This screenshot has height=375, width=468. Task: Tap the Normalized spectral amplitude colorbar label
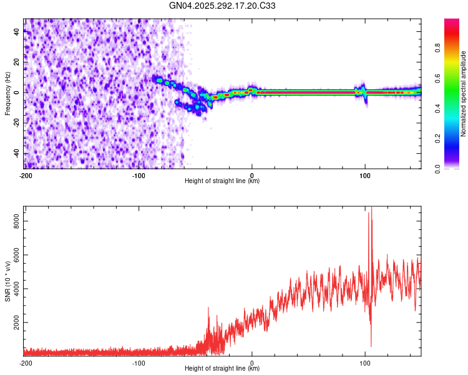[464, 94]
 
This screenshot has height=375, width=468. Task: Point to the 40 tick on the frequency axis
[17, 32]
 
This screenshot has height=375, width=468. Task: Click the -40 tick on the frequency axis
[16, 154]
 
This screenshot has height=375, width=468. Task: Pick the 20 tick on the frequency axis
[17, 62]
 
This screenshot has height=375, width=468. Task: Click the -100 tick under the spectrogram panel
[139, 175]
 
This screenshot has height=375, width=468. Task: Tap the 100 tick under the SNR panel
[365, 362]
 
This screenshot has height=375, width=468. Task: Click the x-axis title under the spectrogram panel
[222, 181]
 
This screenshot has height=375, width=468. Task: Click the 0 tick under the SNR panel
[252, 362]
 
